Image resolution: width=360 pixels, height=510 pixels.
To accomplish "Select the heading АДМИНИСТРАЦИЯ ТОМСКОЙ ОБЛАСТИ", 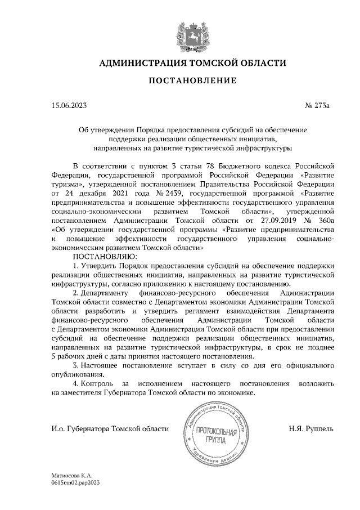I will [188, 62].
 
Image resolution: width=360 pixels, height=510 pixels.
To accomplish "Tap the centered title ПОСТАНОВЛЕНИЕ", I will [188, 82].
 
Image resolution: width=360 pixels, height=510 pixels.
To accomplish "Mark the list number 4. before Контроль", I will [76, 383].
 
